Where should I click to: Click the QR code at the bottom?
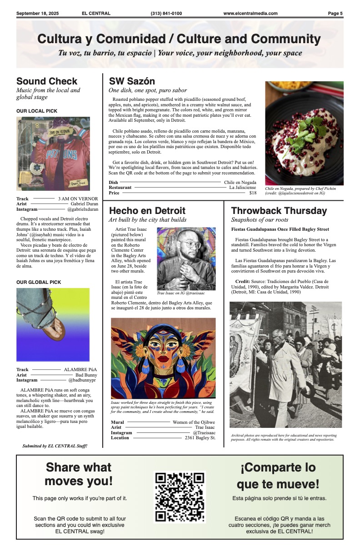coord(180,497)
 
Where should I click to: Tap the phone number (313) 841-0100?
coord(166,14)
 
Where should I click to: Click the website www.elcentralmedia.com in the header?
coord(250,14)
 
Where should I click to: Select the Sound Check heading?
coord(47,81)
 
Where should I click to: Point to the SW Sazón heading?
coord(132,81)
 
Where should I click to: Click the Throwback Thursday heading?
coord(279,211)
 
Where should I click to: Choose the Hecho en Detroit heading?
coord(147,211)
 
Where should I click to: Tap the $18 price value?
coord(253,193)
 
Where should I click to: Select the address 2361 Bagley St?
coord(200,438)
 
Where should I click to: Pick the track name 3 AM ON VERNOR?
coord(78,199)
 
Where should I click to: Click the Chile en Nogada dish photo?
coord(304,133)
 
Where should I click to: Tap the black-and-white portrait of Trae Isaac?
coord(186,258)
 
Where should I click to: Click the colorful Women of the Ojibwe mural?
coord(163,358)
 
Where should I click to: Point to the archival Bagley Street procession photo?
coord(285,364)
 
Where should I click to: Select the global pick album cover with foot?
coord(53,324)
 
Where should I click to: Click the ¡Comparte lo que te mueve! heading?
coord(278,476)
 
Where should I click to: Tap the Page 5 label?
coord(335,14)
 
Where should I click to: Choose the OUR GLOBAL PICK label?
coord(39,283)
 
